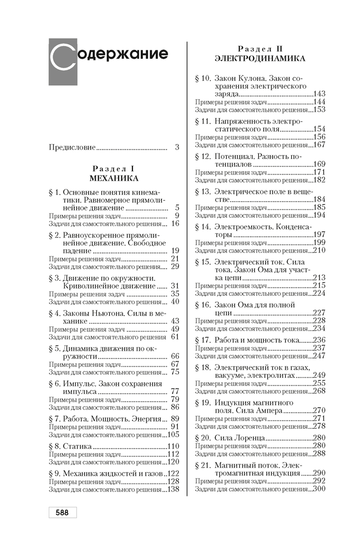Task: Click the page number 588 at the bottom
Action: (x=61, y=512)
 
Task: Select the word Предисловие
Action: (x=72, y=147)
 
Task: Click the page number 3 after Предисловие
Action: (x=177, y=147)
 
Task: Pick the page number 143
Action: (x=319, y=94)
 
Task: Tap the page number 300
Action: (x=319, y=489)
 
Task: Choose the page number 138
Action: (x=174, y=489)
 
